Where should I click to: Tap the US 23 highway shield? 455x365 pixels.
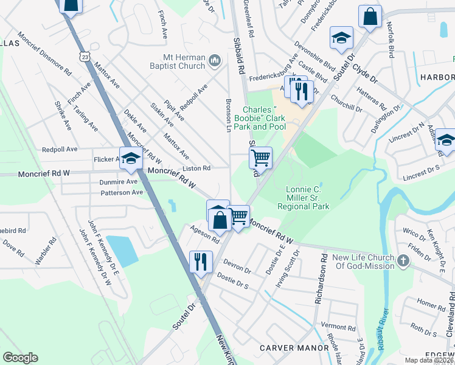click(84, 56)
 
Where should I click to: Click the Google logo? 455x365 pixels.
click(20, 358)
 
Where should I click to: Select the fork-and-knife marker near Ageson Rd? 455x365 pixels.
click(200, 262)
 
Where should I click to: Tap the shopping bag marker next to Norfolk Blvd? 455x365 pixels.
click(370, 17)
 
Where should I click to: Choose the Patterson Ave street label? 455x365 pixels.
click(122, 192)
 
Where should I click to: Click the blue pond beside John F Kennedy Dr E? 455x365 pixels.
click(122, 250)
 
